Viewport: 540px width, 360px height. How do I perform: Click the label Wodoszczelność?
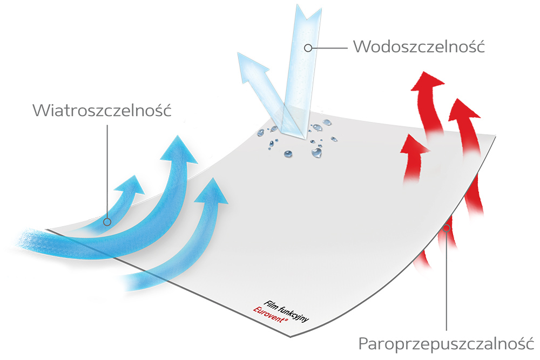pyautogui.click(x=419, y=46)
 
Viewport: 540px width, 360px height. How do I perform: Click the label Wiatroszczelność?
pyautogui.click(x=102, y=110)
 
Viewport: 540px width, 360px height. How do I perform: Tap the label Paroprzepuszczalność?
pyautogui.click(x=447, y=343)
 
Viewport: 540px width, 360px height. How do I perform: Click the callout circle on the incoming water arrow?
pyautogui.click(x=308, y=48)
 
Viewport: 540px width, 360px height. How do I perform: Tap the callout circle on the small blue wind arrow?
pyautogui.click(x=107, y=222)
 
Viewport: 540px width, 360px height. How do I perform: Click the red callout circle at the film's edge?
pyautogui.click(x=447, y=228)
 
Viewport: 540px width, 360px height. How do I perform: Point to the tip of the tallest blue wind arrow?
pyautogui.click(x=178, y=135)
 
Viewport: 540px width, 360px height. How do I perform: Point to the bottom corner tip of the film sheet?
pyautogui.click(x=291, y=337)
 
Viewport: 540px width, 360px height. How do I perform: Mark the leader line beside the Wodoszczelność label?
pyautogui.click(x=329, y=48)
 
